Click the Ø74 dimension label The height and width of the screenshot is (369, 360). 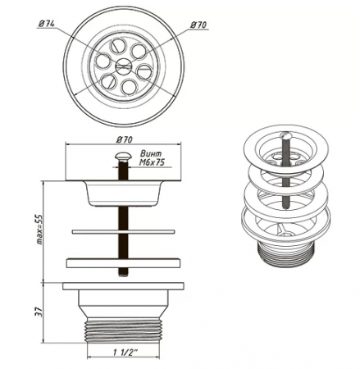[47, 24]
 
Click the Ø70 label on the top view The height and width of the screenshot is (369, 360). [198, 25]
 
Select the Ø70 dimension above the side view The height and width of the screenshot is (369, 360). [125, 139]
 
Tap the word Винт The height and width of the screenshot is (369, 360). [151, 153]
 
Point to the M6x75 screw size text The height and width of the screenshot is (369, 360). [152, 162]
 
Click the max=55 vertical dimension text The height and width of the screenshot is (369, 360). [39, 229]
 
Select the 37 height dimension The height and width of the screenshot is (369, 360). [39, 312]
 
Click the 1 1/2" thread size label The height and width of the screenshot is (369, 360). [125, 352]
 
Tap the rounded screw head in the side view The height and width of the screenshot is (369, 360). [123, 157]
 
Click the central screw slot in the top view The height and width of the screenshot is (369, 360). [123, 66]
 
